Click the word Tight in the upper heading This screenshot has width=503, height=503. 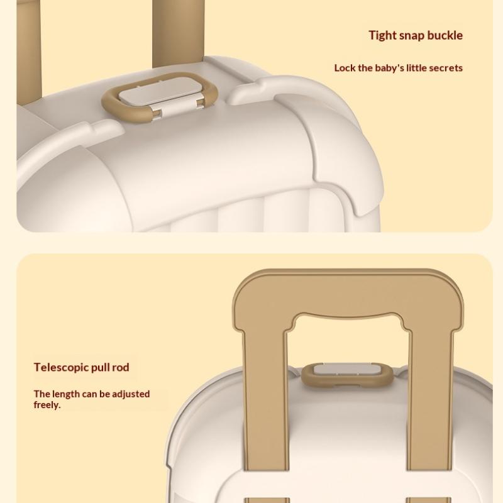coord(382,36)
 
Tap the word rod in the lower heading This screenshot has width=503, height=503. coord(120,367)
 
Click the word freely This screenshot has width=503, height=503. coord(47,405)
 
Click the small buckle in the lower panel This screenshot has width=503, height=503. coord(348,375)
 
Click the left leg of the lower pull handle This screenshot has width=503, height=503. coord(265,401)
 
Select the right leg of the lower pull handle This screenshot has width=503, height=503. coord(430,401)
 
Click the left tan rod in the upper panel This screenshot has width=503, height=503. coord(29,52)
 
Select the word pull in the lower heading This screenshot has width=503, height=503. coord(100,368)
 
